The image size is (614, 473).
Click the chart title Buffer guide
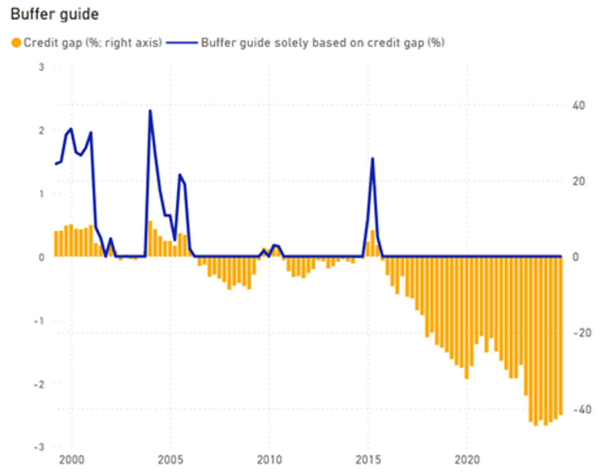coord(54,14)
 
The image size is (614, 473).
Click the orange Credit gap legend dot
coord(16,43)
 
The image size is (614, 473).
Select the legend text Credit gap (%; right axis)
coord(92,43)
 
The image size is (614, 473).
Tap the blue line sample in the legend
coord(182,43)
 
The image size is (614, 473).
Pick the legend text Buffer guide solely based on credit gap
coord(322,43)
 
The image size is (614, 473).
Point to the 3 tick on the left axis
coord(41,67)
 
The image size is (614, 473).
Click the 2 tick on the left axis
coord(41,130)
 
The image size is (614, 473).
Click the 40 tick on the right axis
coord(578,105)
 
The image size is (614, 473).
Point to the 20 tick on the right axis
coord(578,181)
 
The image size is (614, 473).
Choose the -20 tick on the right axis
coord(582,333)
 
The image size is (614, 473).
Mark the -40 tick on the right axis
coord(582,410)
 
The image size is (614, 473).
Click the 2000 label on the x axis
coord(71,460)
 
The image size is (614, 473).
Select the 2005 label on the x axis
coord(170,460)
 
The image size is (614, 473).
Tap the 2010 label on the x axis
coord(269,460)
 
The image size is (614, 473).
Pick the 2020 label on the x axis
coord(467,460)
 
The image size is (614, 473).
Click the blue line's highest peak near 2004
coord(150,111)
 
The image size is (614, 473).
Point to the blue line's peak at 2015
coord(372,158)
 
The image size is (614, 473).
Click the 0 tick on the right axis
coord(575,257)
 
